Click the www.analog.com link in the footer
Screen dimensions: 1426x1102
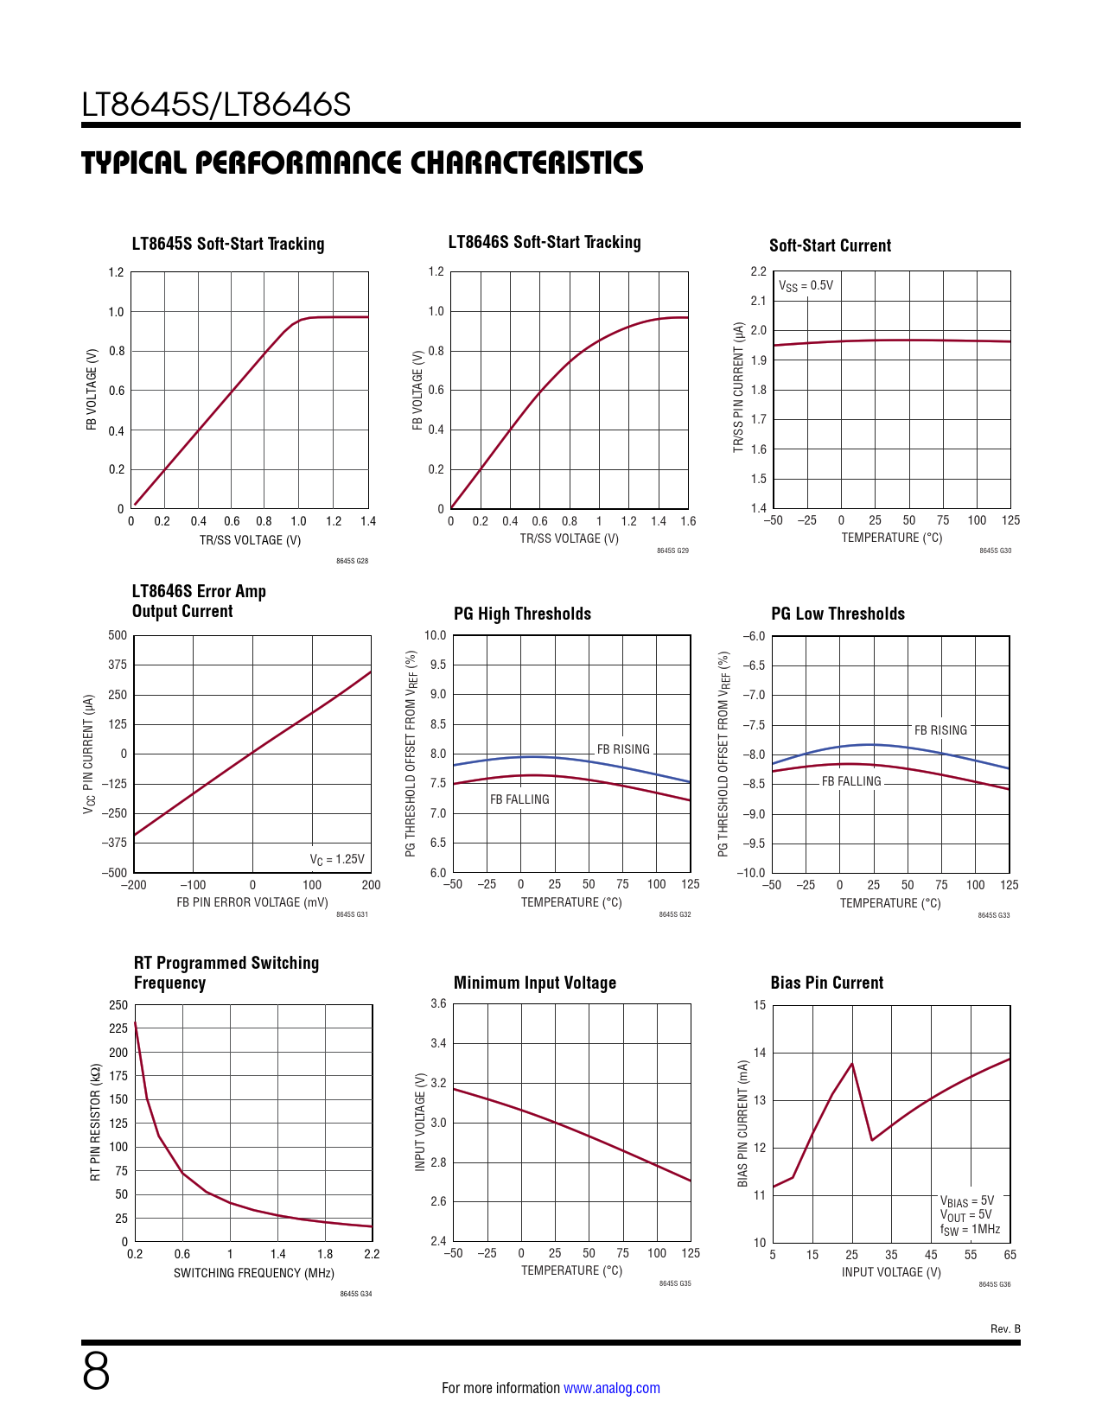click(x=611, y=1388)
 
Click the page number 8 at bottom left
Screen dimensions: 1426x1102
click(x=96, y=1372)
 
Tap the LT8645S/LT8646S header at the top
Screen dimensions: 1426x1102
click(x=216, y=105)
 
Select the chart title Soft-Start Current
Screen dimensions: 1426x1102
click(x=830, y=245)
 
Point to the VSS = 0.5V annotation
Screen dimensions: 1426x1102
click(x=806, y=286)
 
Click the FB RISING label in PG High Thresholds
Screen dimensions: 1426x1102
click(x=623, y=749)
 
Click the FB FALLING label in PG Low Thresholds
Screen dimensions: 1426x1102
click(x=851, y=781)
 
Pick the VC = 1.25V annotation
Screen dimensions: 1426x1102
click(x=337, y=859)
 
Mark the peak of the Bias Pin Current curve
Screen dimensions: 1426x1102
click(x=852, y=1063)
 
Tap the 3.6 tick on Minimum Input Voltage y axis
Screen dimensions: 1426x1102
click(x=438, y=1003)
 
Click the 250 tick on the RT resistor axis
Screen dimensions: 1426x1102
click(x=118, y=1005)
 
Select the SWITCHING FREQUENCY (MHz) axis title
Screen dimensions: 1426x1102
click(x=253, y=1273)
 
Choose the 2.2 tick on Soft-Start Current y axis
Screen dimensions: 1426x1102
click(x=758, y=271)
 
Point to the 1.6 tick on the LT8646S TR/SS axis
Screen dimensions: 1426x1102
click(x=688, y=521)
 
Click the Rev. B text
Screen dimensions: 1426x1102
click(x=1005, y=1328)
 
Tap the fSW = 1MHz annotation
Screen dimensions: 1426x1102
click(x=970, y=1229)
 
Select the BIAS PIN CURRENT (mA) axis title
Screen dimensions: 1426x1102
click(x=742, y=1124)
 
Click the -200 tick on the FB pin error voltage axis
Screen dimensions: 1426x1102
click(x=133, y=885)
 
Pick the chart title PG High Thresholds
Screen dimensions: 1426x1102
click(x=522, y=614)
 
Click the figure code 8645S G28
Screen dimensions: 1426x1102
click(x=352, y=562)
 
